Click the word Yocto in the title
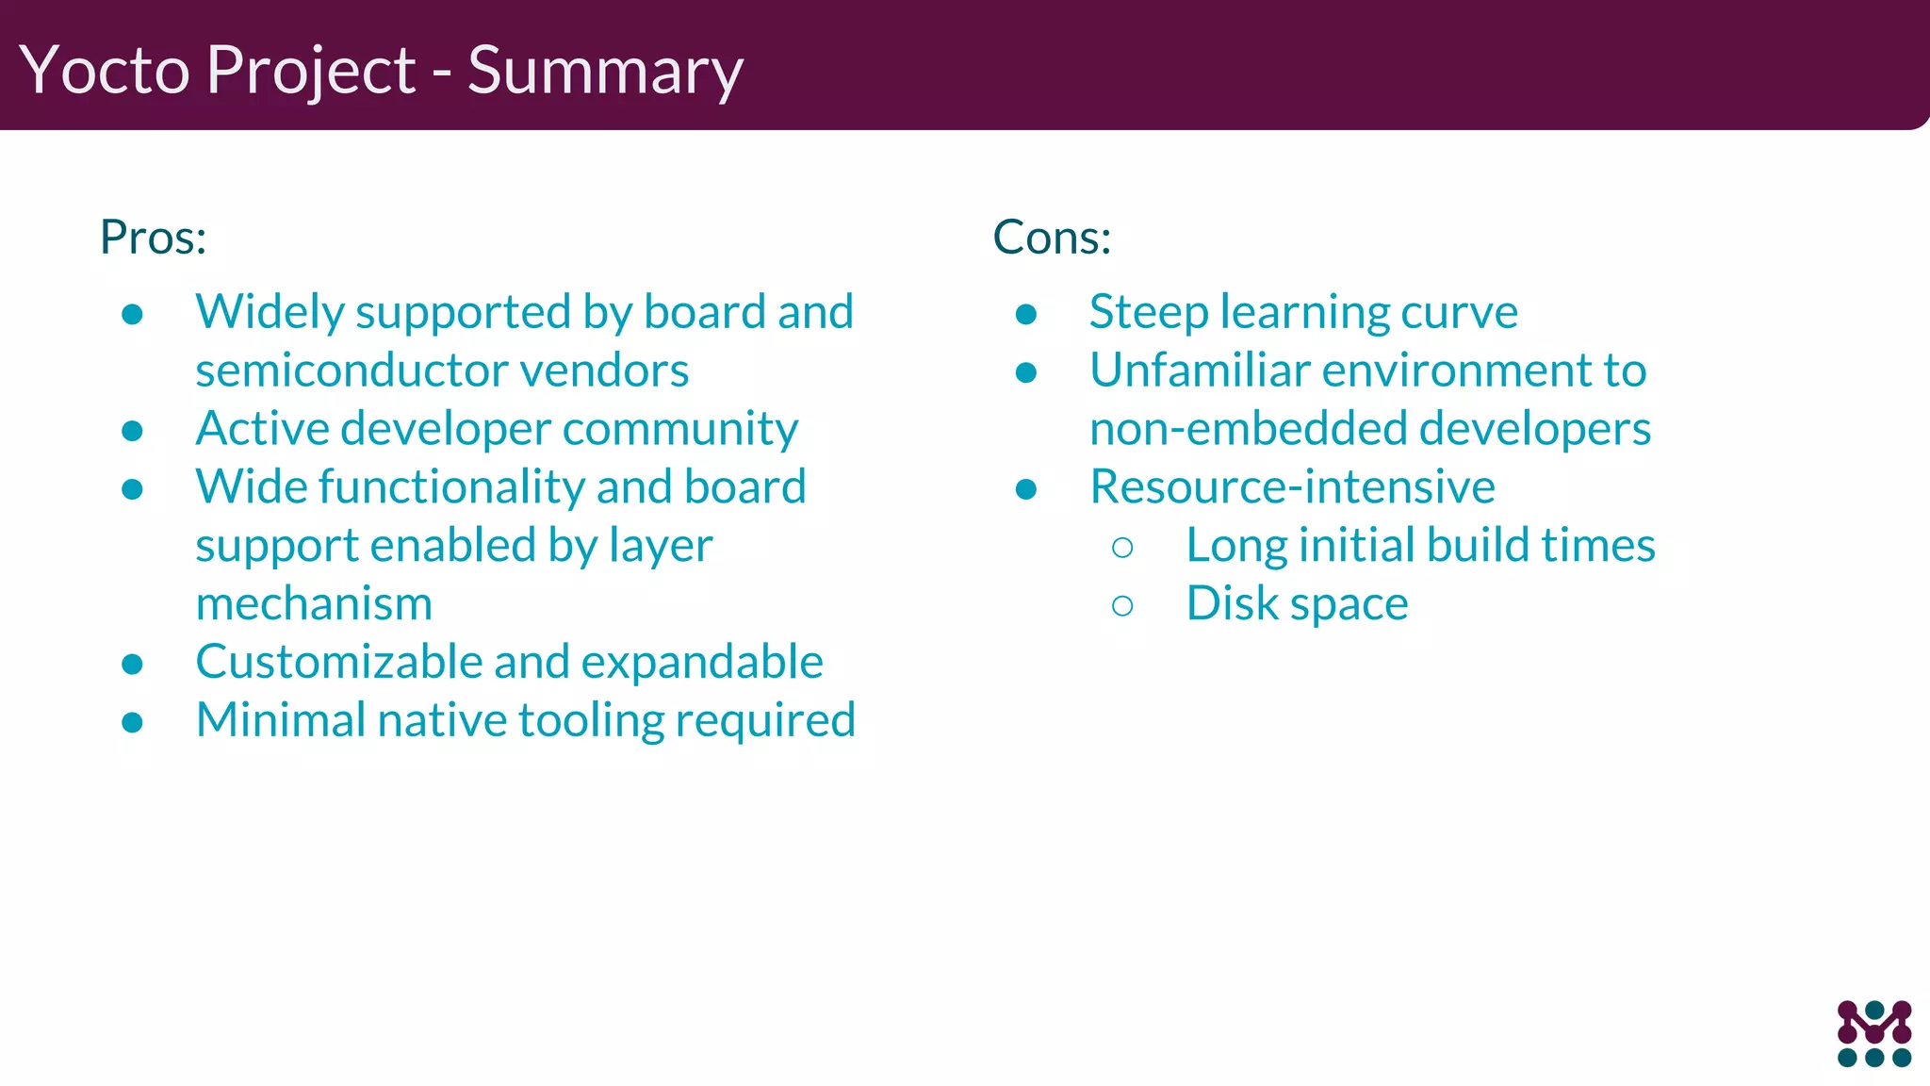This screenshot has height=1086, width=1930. pos(105,71)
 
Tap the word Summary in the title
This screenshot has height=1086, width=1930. pos(605,71)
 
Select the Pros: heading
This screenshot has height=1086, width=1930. pos(154,237)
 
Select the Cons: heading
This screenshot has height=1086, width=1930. pos(1052,237)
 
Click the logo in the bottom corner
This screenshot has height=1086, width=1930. pos(1873,1033)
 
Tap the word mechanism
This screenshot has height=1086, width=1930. pos(314,604)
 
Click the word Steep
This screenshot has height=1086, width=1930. pos(1148,312)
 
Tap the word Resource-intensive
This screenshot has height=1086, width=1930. pos(1292,487)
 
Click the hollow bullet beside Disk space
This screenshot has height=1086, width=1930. pos(1121,606)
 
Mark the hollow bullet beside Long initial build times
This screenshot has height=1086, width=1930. pos(1121,548)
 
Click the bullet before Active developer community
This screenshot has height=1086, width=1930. pos(132,432)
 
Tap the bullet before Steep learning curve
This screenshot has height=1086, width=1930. pos(1026,315)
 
